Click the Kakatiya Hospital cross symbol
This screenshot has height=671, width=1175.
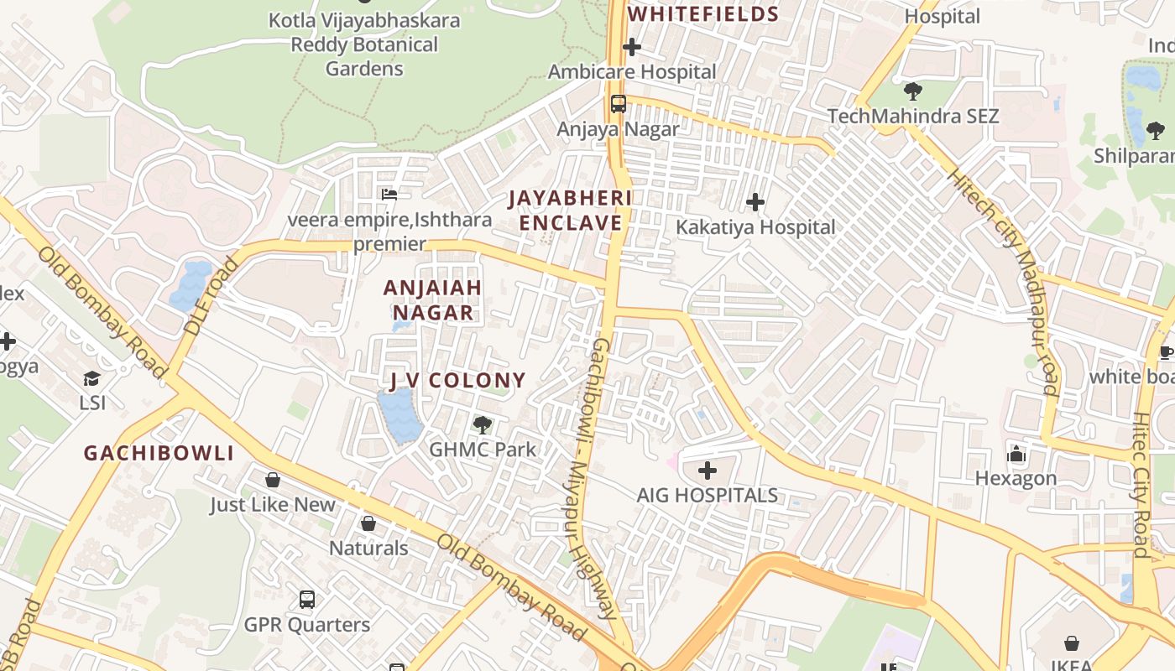pyautogui.click(x=755, y=202)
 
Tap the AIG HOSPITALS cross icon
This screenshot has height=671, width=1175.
pyautogui.click(x=708, y=471)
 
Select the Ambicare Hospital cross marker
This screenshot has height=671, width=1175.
pyautogui.click(x=632, y=48)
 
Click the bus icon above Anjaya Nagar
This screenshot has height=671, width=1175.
pyautogui.click(x=619, y=104)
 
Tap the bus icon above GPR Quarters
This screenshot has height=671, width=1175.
pyautogui.click(x=307, y=600)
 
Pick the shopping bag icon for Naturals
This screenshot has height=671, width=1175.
pyautogui.click(x=368, y=523)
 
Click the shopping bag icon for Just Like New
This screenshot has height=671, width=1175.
pyautogui.click(x=272, y=480)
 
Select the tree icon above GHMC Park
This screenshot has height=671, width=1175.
pyautogui.click(x=482, y=424)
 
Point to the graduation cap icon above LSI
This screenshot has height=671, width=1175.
pyautogui.click(x=91, y=378)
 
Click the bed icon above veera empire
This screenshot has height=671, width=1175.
pyautogui.click(x=389, y=195)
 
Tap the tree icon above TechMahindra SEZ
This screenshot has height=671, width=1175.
pyautogui.click(x=913, y=91)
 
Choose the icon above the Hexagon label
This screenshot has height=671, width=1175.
pyautogui.click(x=1016, y=454)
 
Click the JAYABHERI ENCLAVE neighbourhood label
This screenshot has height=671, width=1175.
pyautogui.click(x=570, y=211)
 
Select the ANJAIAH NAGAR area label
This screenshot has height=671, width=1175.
pyautogui.click(x=433, y=300)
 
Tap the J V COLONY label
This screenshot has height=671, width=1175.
pyautogui.click(x=458, y=381)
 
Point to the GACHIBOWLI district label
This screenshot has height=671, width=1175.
pyautogui.click(x=159, y=454)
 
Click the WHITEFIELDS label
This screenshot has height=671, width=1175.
pyautogui.click(x=703, y=14)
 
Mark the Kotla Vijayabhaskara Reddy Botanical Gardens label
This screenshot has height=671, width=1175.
pyautogui.click(x=364, y=44)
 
